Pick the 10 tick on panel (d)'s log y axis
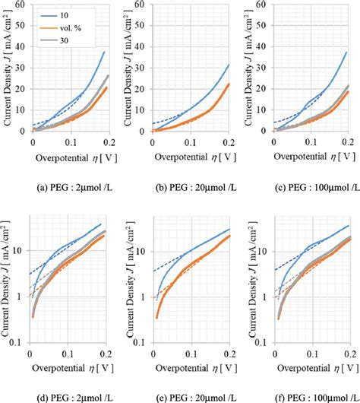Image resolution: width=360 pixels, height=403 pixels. [22, 251]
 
